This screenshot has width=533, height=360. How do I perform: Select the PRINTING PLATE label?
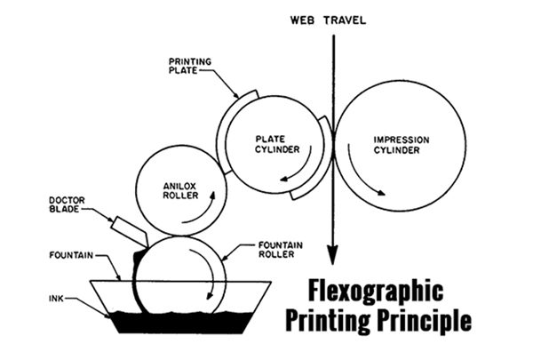coord(191,65)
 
